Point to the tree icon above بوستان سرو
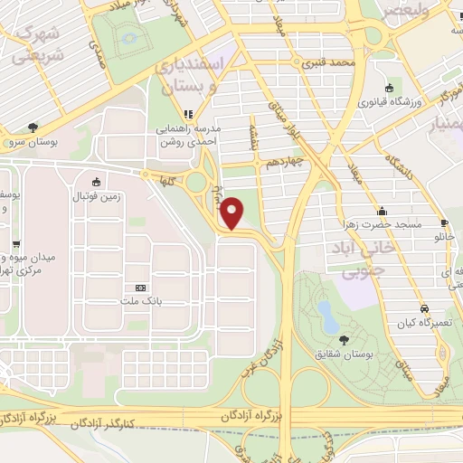coord(33,128)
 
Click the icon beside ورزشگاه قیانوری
coord(389,87)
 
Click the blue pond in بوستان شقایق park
coord(325,314)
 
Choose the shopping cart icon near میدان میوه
coord(15,243)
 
